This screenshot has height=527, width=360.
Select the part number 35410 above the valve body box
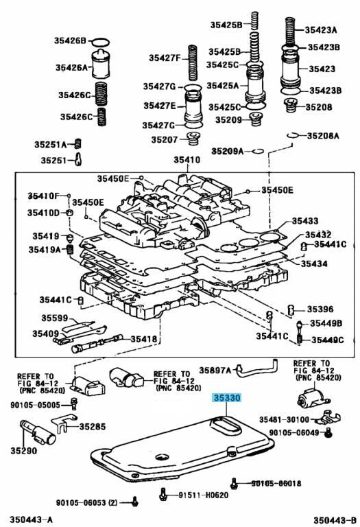tap(186, 160)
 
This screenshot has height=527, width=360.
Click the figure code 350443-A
tap(29, 519)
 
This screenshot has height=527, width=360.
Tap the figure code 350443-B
tap(335, 519)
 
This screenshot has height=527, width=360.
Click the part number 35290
tap(23, 451)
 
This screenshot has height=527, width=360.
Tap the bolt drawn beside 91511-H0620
tap(164, 493)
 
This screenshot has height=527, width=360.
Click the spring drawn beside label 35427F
tap(195, 61)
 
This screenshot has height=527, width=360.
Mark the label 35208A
tap(323, 136)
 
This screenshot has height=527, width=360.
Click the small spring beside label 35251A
tap(78, 143)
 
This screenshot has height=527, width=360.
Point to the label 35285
tap(93, 426)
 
